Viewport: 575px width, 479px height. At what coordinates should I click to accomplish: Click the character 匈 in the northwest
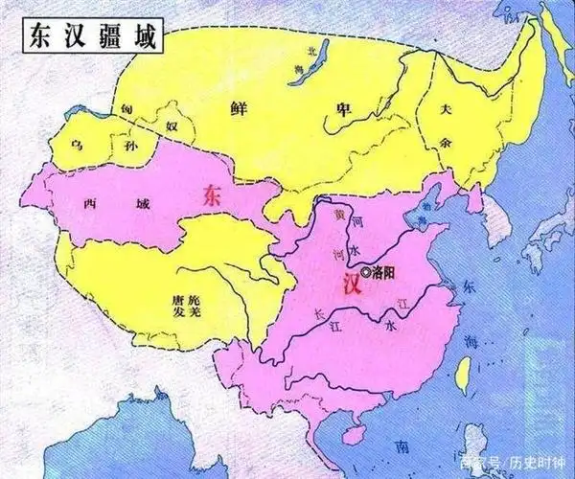click(x=125, y=112)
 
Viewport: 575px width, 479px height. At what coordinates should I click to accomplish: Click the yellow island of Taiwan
click(x=461, y=373)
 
